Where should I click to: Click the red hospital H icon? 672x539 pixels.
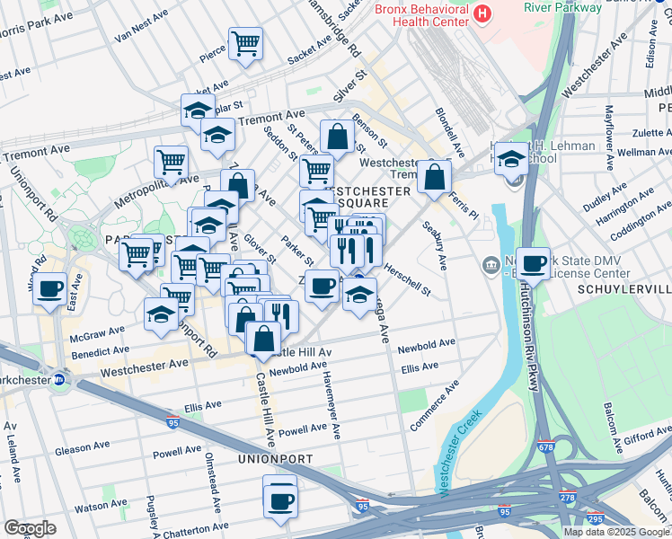(x=482, y=13)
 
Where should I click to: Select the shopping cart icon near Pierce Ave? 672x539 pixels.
(x=245, y=43)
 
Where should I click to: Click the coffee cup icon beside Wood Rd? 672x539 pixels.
(x=51, y=289)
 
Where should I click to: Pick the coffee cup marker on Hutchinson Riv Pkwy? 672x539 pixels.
(x=533, y=264)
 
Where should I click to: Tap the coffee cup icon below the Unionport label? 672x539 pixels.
(x=280, y=498)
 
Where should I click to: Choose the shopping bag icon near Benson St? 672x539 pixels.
(x=337, y=137)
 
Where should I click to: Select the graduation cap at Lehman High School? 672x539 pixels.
(x=511, y=159)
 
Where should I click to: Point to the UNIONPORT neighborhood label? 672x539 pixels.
(x=276, y=459)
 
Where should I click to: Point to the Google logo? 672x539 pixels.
(x=30, y=527)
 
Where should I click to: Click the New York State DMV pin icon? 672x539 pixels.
(x=491, y=264)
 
